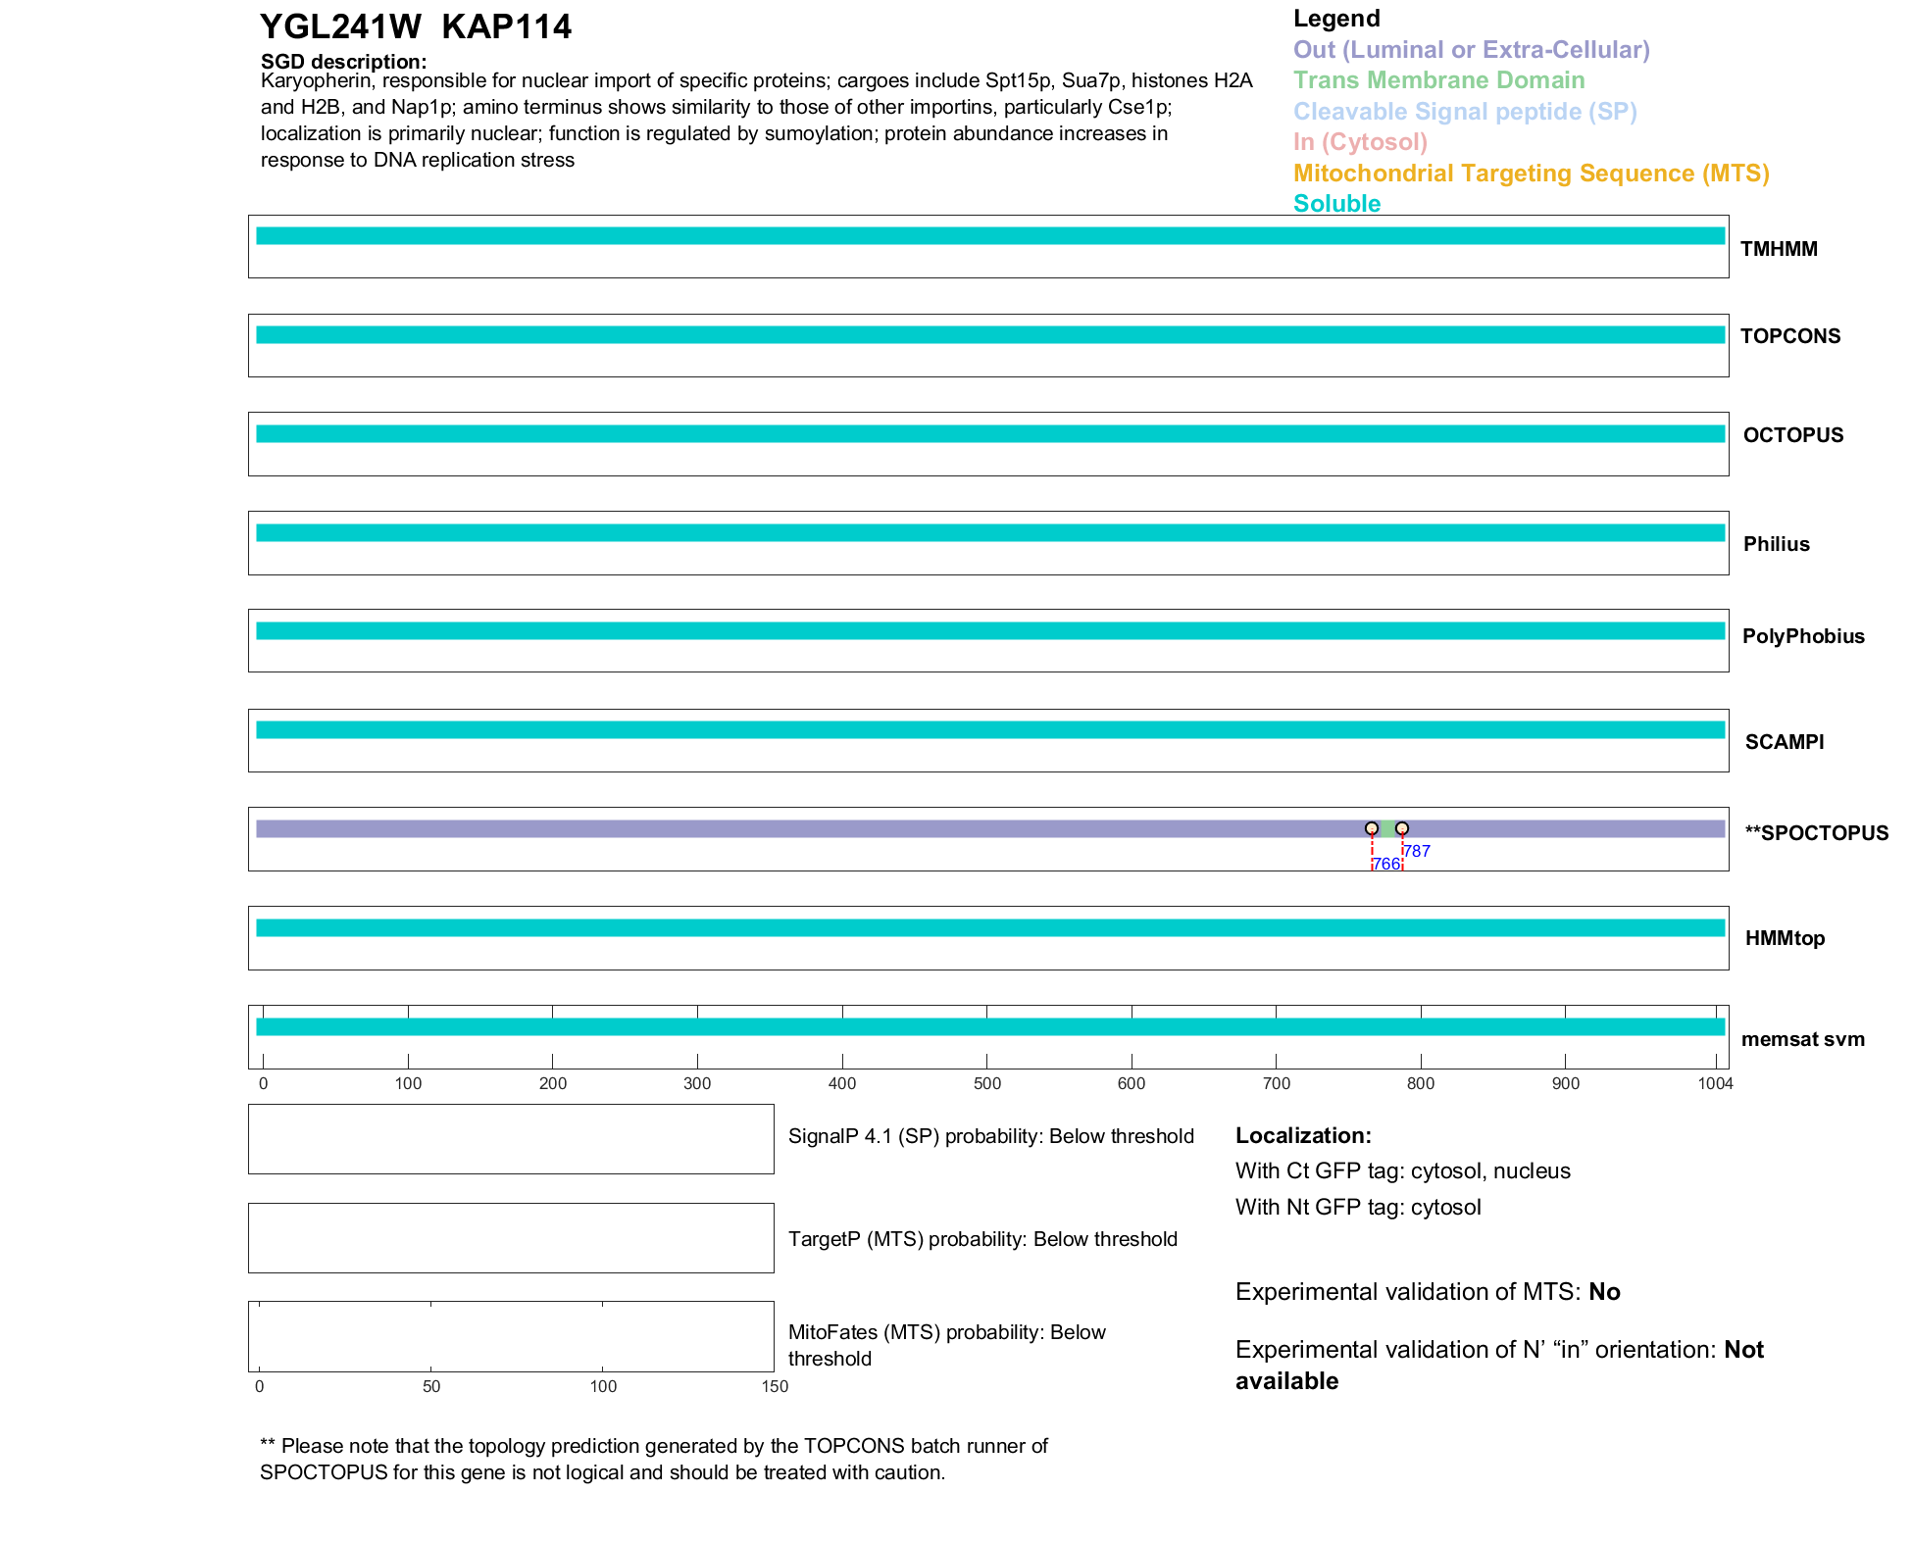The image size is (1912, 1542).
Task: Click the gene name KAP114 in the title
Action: coord(506,27)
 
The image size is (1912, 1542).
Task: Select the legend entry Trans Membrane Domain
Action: coord(1438,80)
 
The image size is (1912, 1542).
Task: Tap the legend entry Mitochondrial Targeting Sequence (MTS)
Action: coord(1531,174)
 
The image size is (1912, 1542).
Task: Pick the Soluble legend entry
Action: coord(1336,204)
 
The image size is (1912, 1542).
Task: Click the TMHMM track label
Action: coord(1779,249)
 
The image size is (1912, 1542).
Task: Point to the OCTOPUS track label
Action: coord(1792,435)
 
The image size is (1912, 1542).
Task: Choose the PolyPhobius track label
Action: coord(1802,636)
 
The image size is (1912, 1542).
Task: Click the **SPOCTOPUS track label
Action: coord(1816,833)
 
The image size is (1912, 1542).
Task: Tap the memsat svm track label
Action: coord(1802,1039)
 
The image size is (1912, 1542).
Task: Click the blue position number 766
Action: coord(1385,864)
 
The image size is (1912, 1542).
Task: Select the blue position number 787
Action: coord(1417,851)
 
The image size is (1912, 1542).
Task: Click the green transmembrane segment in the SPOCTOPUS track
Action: coord(1386,829)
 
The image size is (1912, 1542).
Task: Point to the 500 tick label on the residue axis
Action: coord(987,1083)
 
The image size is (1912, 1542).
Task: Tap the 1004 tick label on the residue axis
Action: coord(1715,1083)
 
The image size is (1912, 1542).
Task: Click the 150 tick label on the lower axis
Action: coord(775,1386)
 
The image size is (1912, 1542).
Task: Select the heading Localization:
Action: coord(1303,1135)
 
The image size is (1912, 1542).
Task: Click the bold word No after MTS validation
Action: coord(1604,1292)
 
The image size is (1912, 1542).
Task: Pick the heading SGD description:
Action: coord(343,62)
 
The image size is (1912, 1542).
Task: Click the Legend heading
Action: coord(1336,19)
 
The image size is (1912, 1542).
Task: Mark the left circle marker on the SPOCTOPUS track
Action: coord(1372,829)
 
